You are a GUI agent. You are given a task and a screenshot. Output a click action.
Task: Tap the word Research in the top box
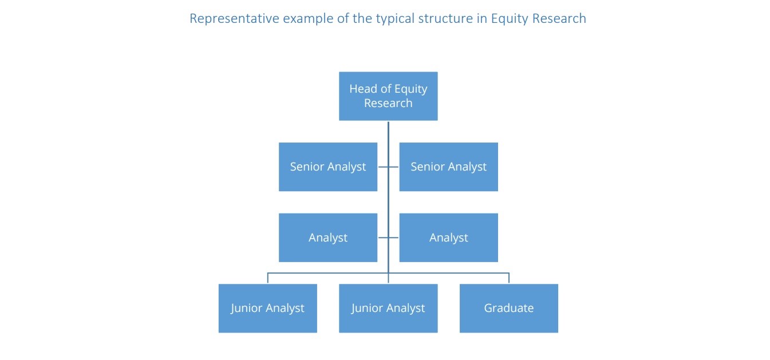click(388, 103)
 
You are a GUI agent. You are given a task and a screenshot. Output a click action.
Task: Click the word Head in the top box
click(363, 89)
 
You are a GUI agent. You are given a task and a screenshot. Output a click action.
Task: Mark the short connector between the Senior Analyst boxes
click(388, 167)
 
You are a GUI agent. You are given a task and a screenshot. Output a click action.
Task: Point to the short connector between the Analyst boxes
click(388, 238)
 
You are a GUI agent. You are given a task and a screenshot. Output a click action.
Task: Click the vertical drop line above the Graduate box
click(508, 278)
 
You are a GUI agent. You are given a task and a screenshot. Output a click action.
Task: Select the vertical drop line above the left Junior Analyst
click(267, 278)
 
